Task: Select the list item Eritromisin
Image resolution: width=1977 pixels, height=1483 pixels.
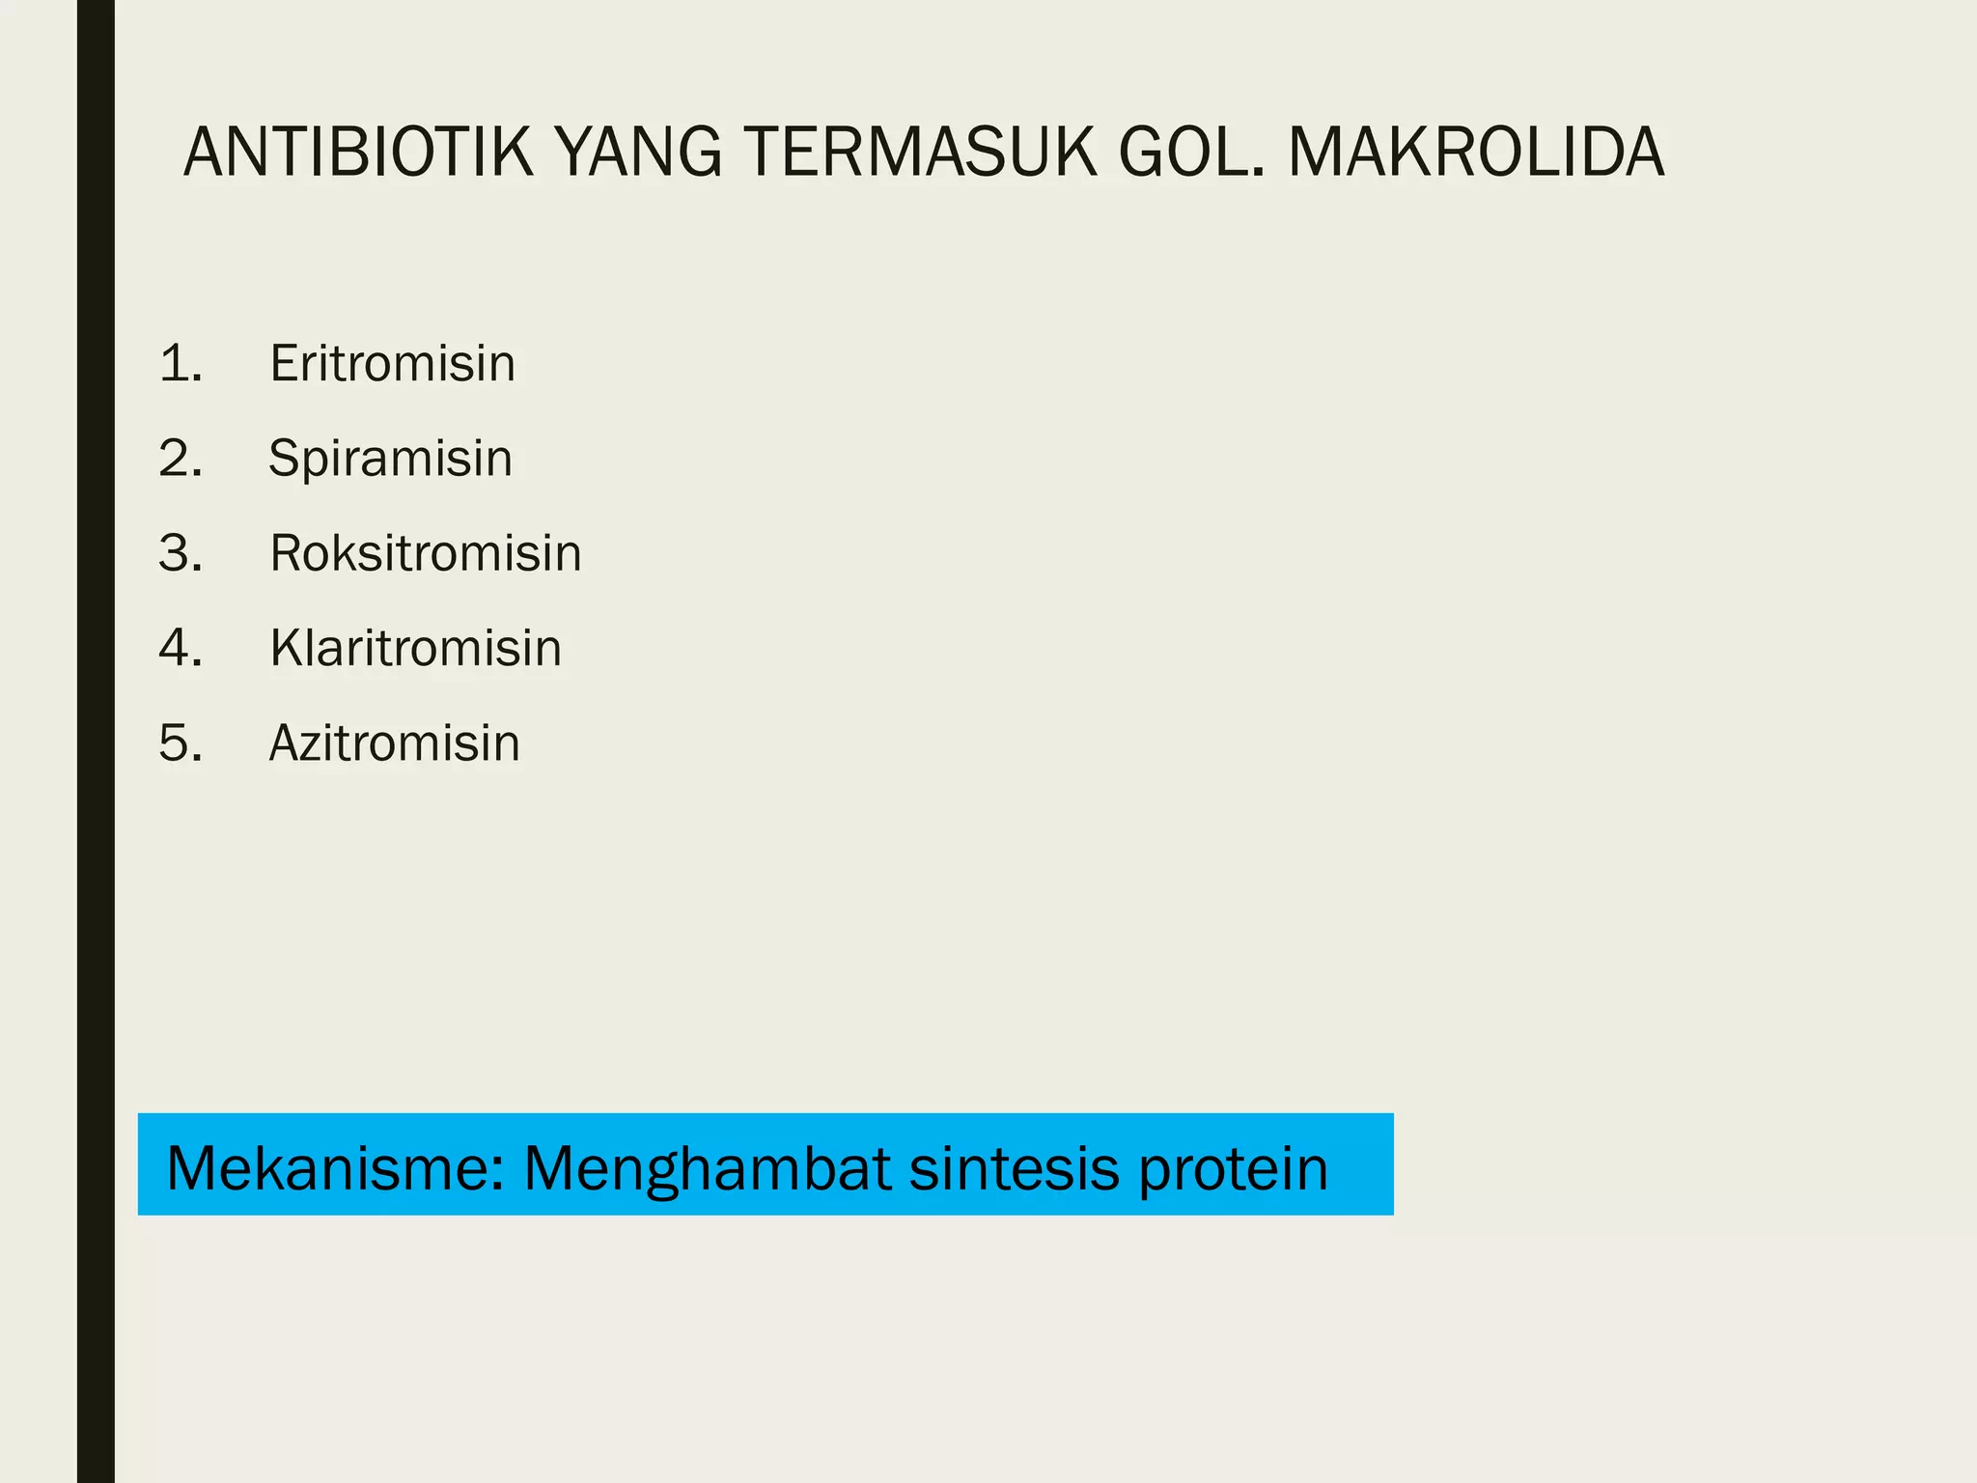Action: tap(392, 364)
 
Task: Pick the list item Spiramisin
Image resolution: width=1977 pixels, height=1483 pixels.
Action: tap(390, 459)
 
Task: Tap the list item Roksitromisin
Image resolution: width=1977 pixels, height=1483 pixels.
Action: tap(425, 553)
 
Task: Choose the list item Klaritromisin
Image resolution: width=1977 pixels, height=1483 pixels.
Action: tap(415, 648)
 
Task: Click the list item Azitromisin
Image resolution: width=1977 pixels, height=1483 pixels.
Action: tap(394, 743)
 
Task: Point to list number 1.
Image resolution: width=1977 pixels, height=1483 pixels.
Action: tap(181, 364)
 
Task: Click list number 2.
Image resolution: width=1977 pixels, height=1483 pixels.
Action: tap(181, 459)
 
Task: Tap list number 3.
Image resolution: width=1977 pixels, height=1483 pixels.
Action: tap(181, 553)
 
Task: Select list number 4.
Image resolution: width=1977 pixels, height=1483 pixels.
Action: tap(181, 648)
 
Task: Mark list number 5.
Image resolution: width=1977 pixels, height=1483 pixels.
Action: tap(181, 743)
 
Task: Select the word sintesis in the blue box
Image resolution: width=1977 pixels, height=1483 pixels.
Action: tap(1015, 1168)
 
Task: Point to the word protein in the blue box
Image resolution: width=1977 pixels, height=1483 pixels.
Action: tap(1233, 1168)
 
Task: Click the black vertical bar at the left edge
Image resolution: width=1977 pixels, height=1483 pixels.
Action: tap(96, 741)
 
